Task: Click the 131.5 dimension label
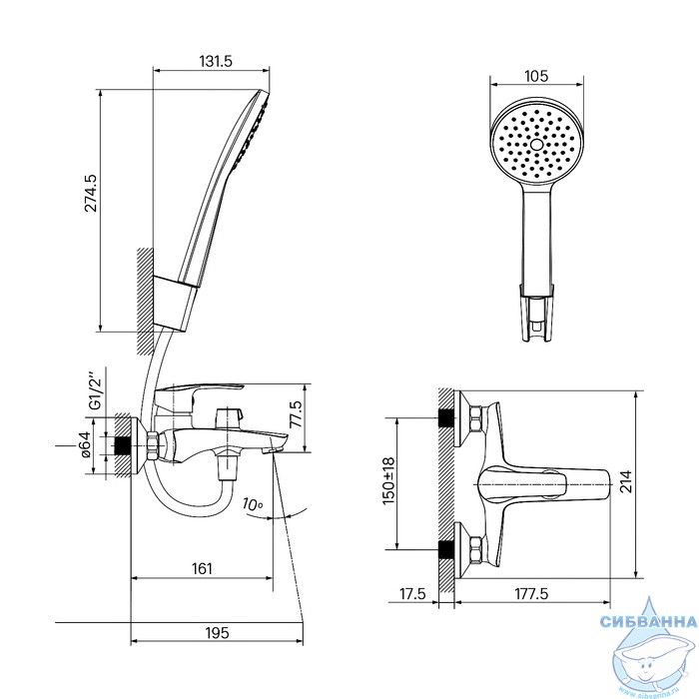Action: (216, 61)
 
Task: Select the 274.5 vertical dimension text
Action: (91, 192)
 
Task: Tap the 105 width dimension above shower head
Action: (536, 76)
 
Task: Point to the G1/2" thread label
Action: (96, 392)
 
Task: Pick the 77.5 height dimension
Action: (295, 414)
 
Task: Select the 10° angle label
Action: (253, 504)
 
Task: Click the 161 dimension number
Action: (202, 569)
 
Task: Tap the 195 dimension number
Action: (217, 632)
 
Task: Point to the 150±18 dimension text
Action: (389, 480)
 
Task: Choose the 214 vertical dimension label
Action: (626, 481)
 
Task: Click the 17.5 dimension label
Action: (412, 594)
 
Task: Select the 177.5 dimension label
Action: (532, 594)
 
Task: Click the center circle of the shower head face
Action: (536, 145)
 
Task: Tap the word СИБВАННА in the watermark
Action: (648, 621)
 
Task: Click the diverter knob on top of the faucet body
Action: (229, 416)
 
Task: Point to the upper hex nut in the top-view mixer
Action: (476, 420)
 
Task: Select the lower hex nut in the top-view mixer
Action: (476, 549)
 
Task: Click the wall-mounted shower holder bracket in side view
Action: (175, 304)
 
